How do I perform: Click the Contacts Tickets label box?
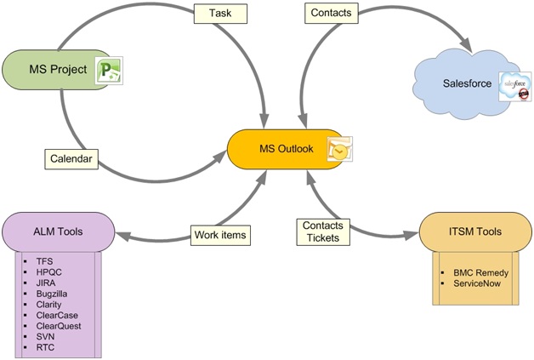pyautogui.click(x=321, y=231)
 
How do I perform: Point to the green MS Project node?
pyautogui.click(x=56, y=69)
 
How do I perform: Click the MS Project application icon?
pyautogui.click(x=109, y=70)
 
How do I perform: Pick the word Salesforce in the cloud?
pyautogui.click(x=468, y=83)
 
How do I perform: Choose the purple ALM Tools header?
pyautogui.click(x=58, y=231)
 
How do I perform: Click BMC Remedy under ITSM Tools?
pyautogui.click(x=481, y=273)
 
